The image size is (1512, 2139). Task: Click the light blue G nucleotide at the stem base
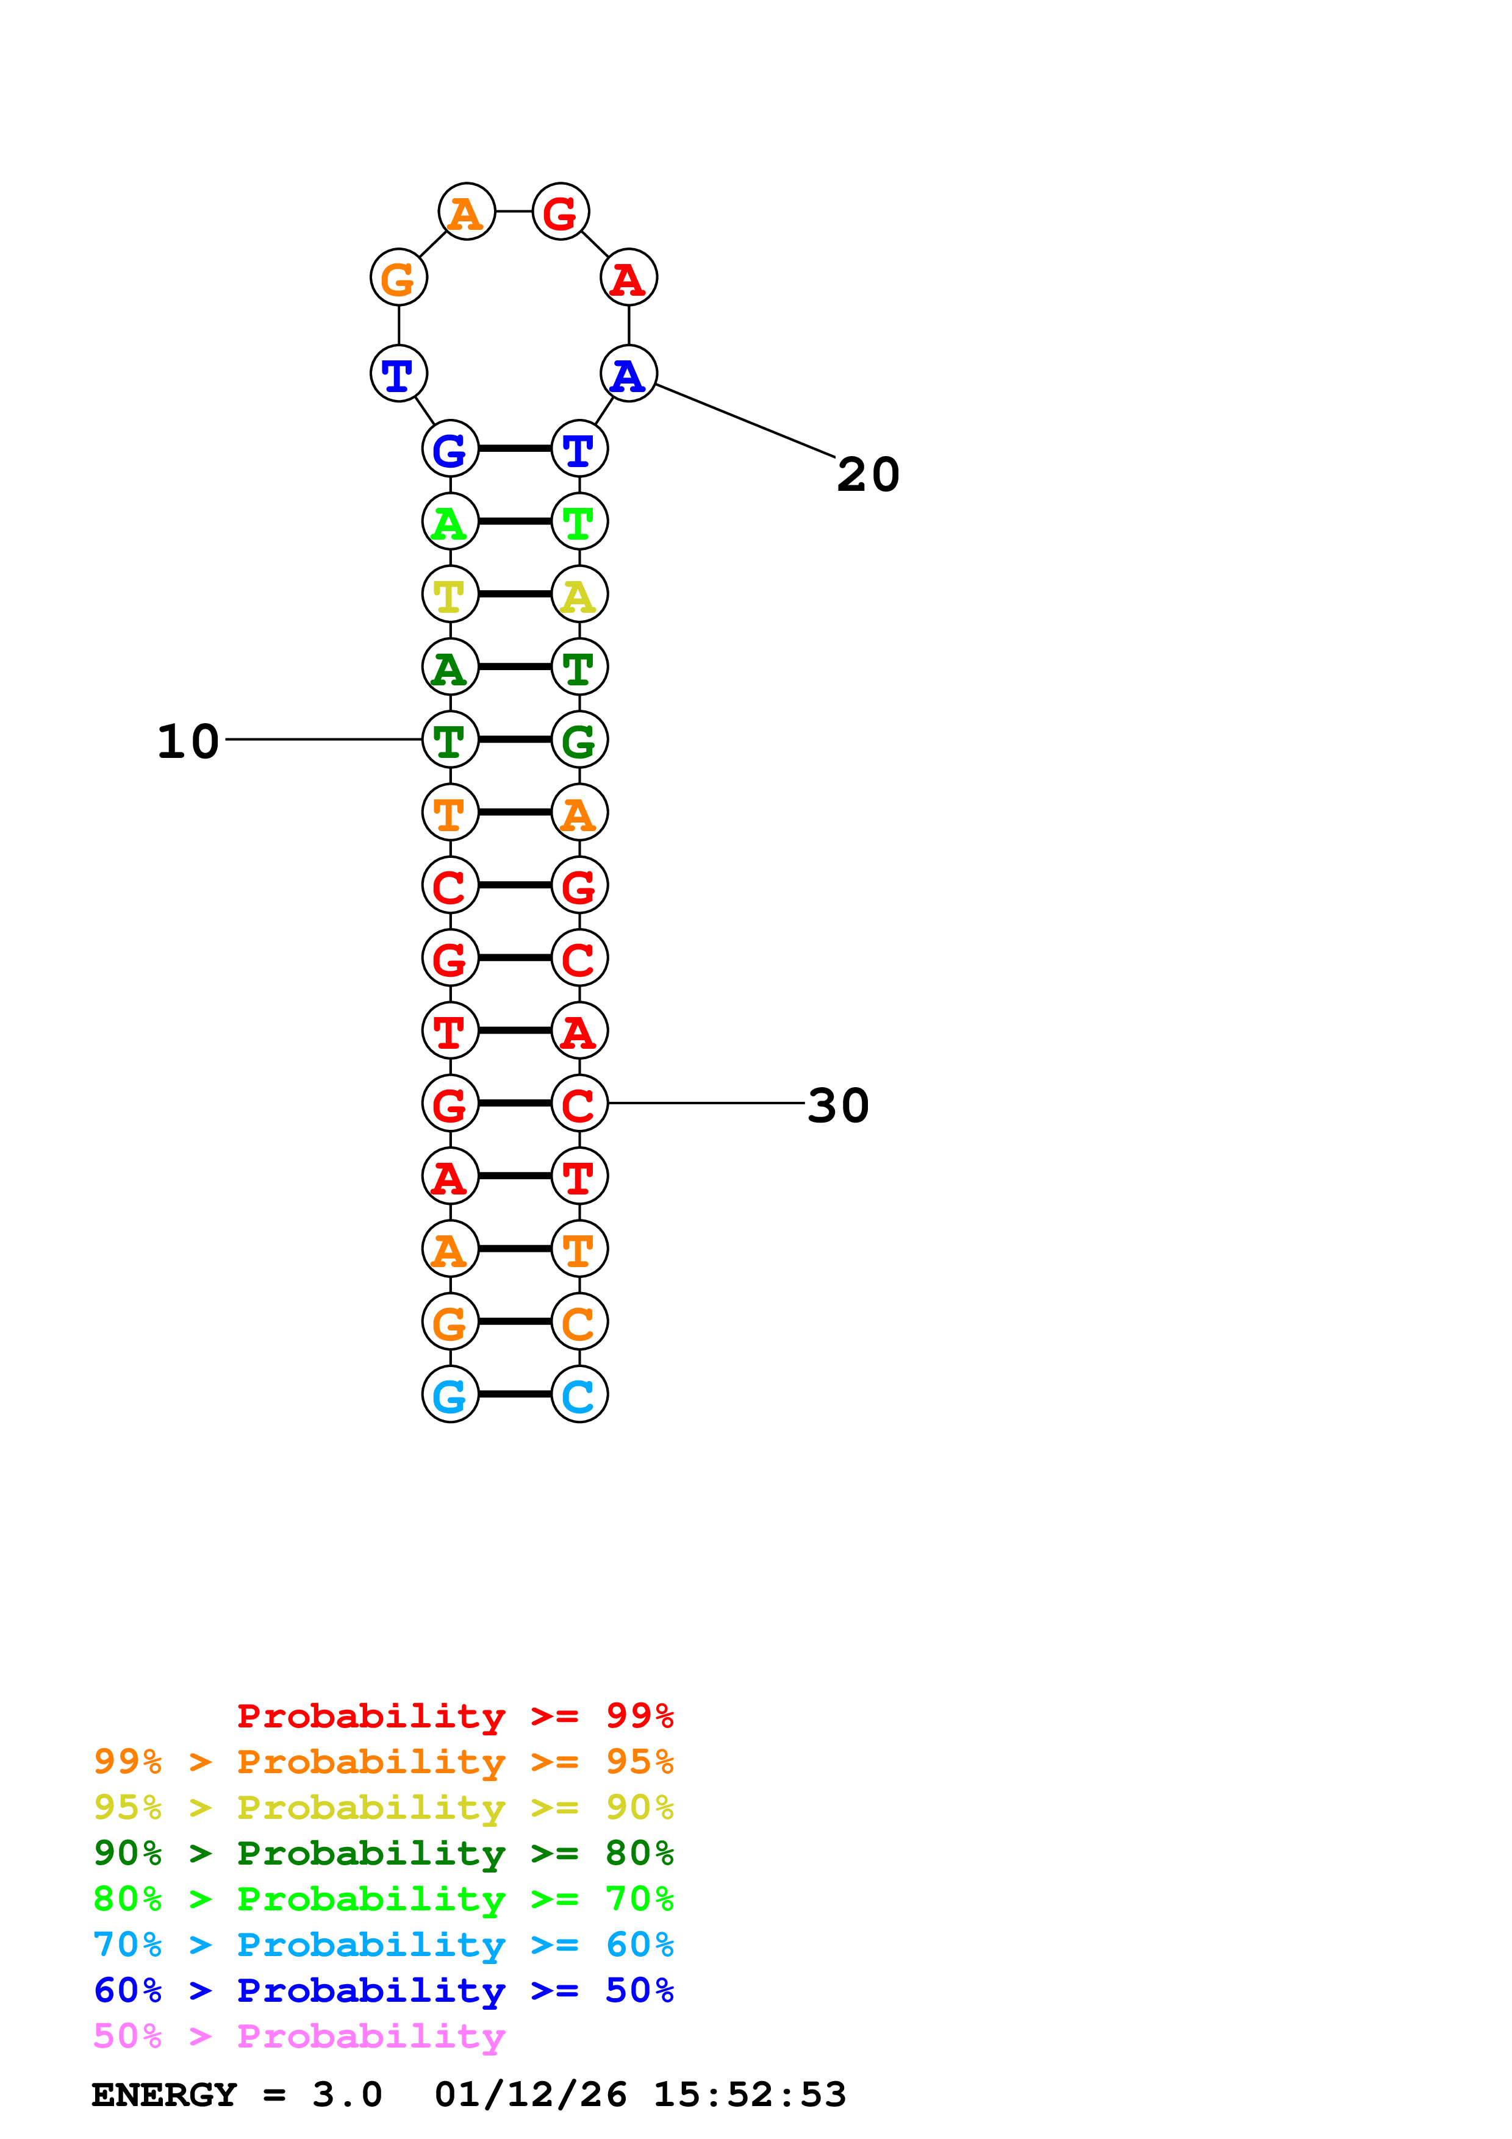point(450,1394)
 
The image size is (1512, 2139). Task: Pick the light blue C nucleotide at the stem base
point(579,1394)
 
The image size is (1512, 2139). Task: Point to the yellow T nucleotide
point(450,595)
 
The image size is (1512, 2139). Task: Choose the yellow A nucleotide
point(579,595)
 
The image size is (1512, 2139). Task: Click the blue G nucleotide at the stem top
point(450,449)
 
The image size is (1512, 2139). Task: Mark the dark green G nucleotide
point(579,740)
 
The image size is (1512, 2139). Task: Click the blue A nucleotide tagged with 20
point(629,374)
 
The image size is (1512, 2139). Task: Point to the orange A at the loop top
point(466,212)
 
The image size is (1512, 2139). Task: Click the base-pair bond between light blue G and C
point(514,1394)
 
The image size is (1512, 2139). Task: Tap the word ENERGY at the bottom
point(164,2094)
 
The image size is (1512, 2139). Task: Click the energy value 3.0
point(346,2094)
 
